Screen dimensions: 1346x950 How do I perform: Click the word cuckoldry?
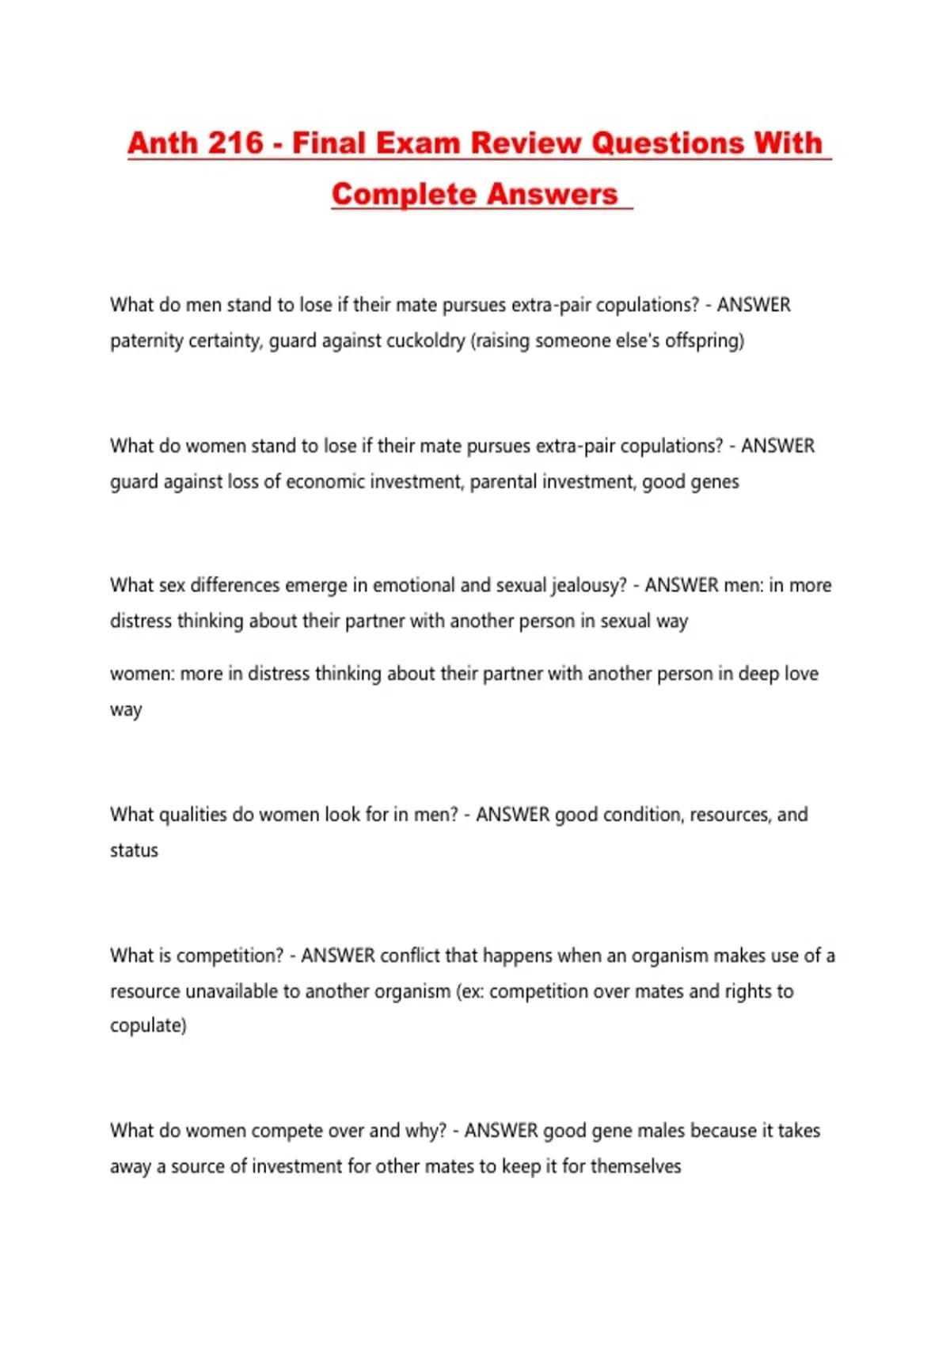[425, 340]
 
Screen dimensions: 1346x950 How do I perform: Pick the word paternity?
[146, 340]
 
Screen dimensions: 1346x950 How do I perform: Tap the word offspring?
[704, 340]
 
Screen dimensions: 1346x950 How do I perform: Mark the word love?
[800, 674]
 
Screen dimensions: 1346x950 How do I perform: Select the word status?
[134, 850]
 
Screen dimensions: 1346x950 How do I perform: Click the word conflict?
[409, 956]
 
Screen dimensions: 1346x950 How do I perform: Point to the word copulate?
[147, 1025]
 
